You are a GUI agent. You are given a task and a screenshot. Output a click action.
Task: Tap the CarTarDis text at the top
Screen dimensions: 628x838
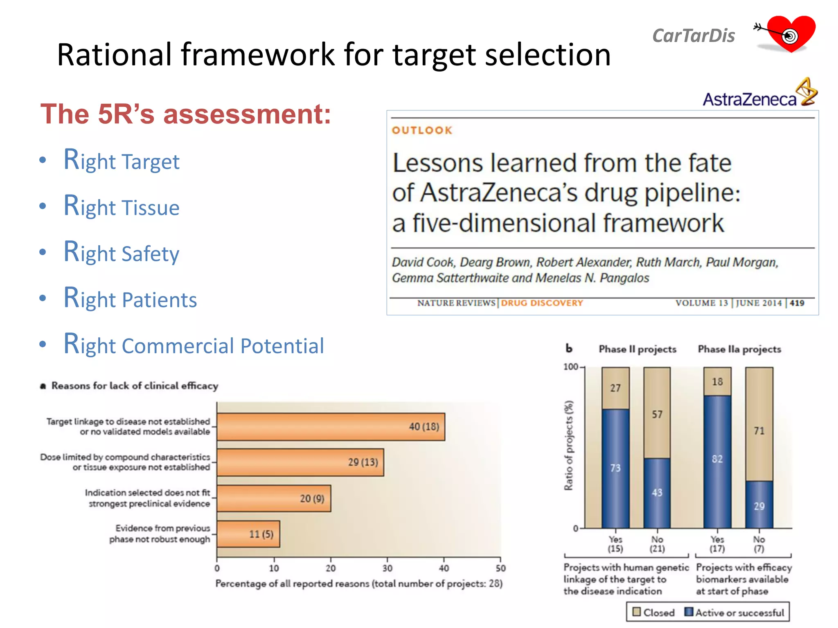694,36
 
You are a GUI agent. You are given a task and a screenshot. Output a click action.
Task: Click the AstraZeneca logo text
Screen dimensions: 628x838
750,99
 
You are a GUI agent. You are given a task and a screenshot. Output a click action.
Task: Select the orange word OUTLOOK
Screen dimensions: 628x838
422,130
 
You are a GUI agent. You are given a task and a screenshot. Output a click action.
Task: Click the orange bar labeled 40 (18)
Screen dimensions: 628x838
331,427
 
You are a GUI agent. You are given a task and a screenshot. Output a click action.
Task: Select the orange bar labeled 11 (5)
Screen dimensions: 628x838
248,534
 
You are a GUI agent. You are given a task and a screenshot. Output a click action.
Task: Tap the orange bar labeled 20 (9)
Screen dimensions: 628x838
273,498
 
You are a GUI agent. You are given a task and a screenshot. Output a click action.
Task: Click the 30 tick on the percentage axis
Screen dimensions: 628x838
387,568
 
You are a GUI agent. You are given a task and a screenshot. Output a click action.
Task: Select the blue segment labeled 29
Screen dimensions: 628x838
759,505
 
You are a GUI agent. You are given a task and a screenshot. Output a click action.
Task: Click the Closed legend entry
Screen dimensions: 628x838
653,612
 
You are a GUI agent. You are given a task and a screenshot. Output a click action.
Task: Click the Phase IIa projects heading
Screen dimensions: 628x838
739,349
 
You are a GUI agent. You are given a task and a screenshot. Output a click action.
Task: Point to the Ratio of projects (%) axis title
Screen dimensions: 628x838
569,445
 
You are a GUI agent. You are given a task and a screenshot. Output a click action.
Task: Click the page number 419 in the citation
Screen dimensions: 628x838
797,303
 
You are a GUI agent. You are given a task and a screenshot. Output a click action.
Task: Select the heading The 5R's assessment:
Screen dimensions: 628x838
185,114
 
